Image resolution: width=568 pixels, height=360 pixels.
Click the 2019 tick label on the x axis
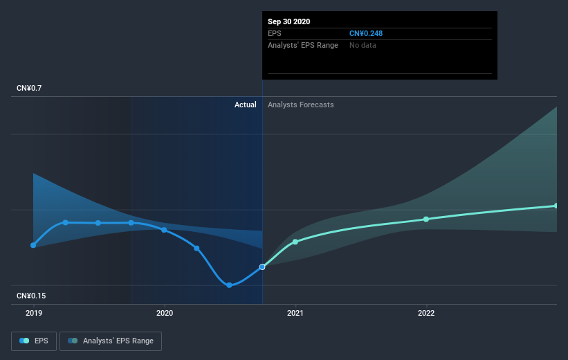(x=33, y=313)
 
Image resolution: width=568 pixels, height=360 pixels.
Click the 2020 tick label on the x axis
(x=164, y=313)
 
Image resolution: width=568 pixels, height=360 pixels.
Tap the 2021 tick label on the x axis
(x=295, y=313)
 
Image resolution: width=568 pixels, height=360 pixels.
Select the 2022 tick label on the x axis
(x=426, y=313)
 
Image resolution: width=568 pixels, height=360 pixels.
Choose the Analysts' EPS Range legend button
(x=111, y=341)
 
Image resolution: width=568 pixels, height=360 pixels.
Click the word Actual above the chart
(x=245, y=105)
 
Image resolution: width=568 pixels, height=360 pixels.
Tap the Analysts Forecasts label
(x=300, y=105)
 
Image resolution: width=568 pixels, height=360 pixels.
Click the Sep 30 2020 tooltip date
(x=289, y=21)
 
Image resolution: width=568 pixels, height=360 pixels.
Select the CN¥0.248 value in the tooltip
(x=365, y=33)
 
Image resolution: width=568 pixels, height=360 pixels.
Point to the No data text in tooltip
(x=363, y=45)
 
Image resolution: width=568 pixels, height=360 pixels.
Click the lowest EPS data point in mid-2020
(x=229, y=285)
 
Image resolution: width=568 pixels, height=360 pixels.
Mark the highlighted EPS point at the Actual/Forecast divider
(x=262, y=267)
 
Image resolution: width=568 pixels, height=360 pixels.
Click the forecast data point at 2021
(x=295, y=242)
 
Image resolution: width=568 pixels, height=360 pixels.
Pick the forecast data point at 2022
(x=426, y=219)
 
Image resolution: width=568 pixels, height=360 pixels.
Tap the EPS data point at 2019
(x=33, y=245)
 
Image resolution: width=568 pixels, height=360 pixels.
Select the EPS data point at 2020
(x=164, y=230)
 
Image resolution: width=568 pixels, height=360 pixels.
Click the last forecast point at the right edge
(x=556, y=206)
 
